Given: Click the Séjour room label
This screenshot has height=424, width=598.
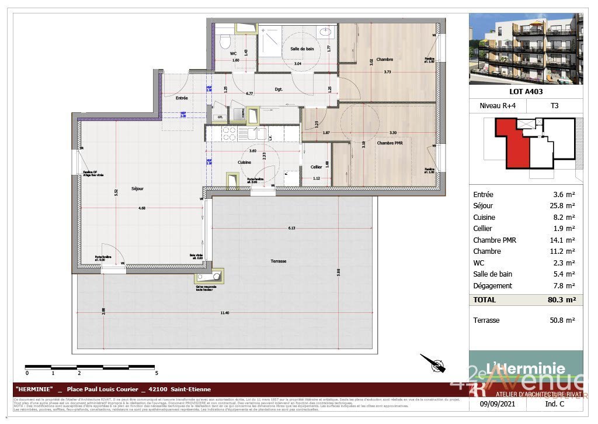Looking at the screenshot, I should (138, 188).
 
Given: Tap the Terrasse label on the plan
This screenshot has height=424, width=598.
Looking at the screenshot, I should (279, 261).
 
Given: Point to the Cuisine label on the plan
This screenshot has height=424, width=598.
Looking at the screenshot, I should (244, 162).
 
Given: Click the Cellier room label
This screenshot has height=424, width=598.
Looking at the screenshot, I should (316, 167).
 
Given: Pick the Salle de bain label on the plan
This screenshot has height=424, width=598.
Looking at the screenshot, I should (302, 49).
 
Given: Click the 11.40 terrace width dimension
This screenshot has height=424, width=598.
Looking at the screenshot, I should (224, 313).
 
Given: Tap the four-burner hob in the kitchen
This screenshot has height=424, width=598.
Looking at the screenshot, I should (228, 133).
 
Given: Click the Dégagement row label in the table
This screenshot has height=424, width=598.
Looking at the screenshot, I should (492, 285).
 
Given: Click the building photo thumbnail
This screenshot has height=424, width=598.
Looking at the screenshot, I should (526, 49).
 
